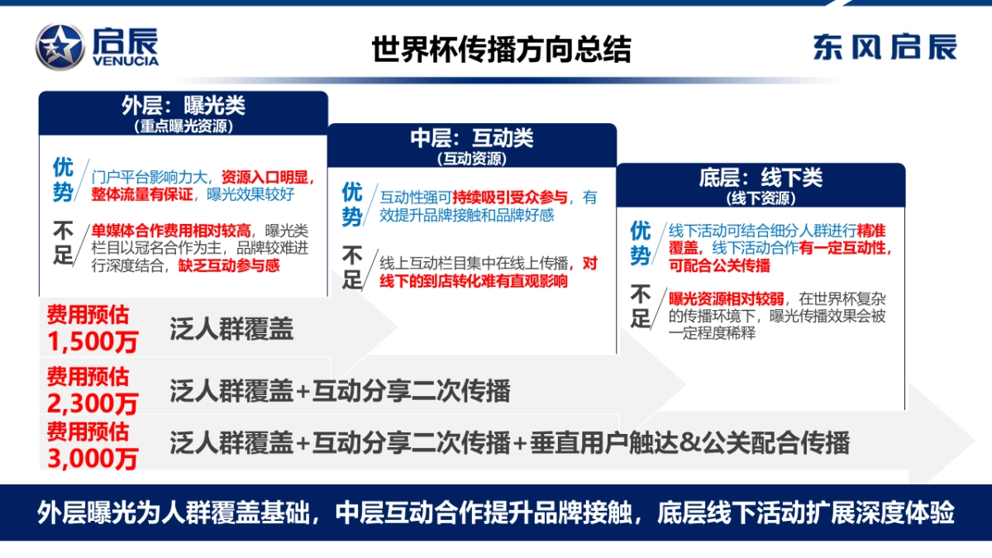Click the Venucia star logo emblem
[60, 46]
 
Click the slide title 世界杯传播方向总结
[501, 49]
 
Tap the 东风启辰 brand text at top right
[885, 47]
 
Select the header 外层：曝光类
[184, 106]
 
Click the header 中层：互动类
[472, 138]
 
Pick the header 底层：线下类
[761, 178]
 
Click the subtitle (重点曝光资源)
[184, 127]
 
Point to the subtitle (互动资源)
[472, 159]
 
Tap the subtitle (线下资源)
[761, 198]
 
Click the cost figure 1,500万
[93, 341]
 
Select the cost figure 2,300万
[93, 403]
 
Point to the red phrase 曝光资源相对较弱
[721, 298]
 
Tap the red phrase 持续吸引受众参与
[510, 198]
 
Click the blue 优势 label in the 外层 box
[64, 179]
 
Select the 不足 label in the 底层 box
[641, 306]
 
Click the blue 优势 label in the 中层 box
[353, 204]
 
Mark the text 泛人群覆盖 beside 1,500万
[231, 330]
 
